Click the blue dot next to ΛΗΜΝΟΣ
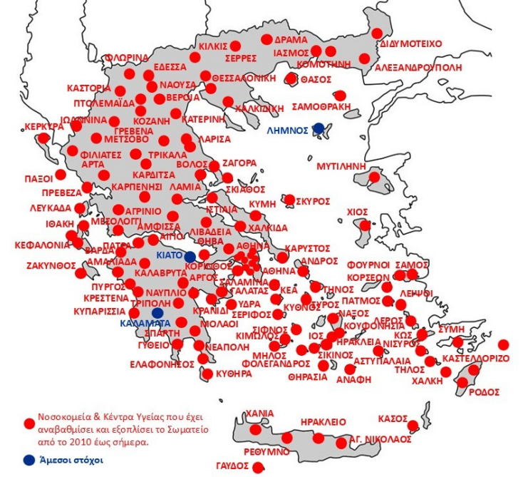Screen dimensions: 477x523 click(x=319, y=128)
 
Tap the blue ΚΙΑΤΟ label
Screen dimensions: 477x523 click(x=168, y=255)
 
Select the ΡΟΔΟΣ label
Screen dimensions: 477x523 click(x=485, y=392)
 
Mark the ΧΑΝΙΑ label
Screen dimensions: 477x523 click(x=259, y=413)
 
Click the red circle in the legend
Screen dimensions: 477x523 click(x=29, y=423)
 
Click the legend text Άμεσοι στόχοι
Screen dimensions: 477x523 click(x=72, y=460)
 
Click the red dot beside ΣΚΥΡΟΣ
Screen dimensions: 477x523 click(x=289, y=200)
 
